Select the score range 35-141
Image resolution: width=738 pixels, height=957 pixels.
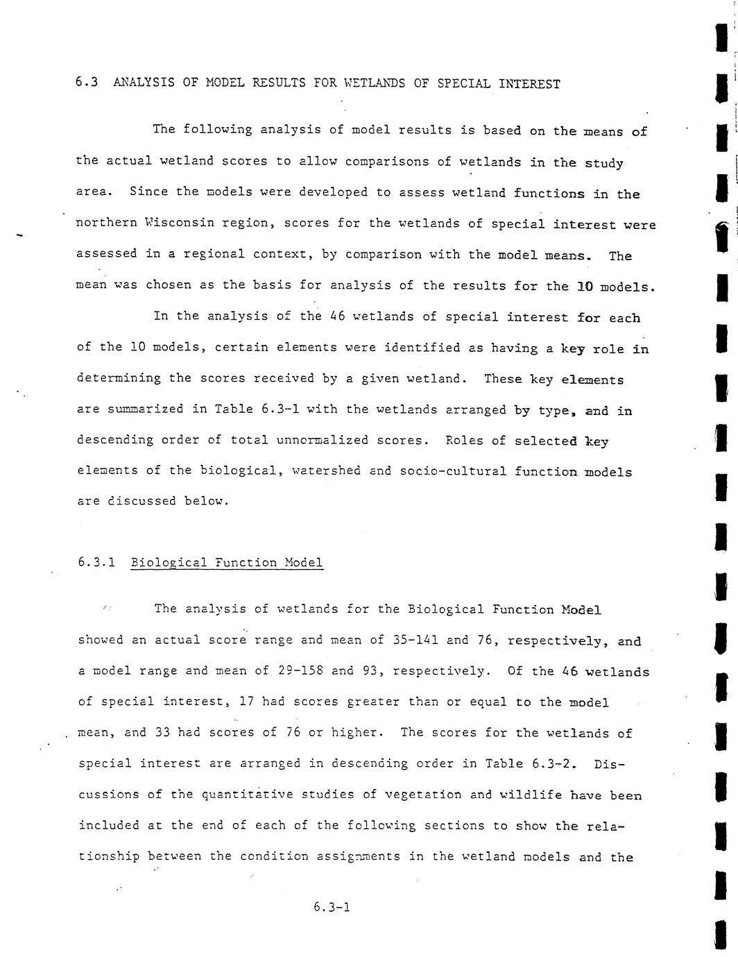point(415,640)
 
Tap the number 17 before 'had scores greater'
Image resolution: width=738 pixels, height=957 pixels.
point(246,702)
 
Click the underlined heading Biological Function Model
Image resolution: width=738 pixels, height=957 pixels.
point(227,562)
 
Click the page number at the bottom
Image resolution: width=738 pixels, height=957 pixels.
point(332,906)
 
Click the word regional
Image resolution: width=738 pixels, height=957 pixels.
point(214,254)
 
